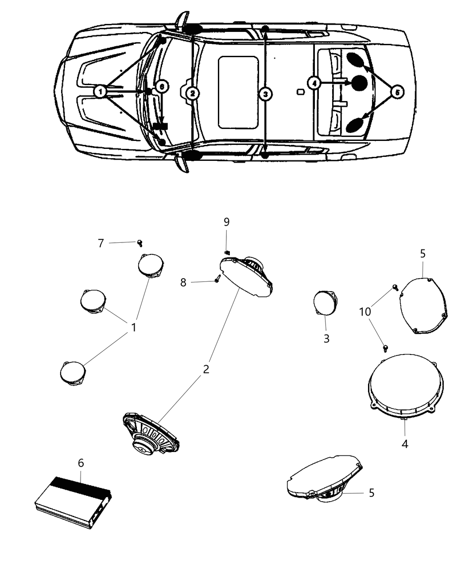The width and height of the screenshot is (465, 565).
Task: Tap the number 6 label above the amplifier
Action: coord(81,463)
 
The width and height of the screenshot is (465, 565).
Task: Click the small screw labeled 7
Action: coord(139,242)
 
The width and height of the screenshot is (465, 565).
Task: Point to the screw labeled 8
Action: coord(217,280)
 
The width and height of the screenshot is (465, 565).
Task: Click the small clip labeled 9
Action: coord(227,252)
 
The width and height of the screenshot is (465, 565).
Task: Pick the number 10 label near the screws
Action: coord(365,312)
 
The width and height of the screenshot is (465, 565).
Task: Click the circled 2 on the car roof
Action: coord(192,94)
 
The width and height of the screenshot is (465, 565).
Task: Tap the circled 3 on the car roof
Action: coord(265,94)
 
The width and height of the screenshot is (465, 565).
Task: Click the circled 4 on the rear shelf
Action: coord(314,83)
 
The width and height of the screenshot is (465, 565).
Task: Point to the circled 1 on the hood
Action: coord(101,92)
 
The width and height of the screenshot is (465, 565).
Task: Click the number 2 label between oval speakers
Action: coord(206,369)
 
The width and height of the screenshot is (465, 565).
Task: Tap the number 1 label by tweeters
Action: coord(133,327)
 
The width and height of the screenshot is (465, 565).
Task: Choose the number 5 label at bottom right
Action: coord(372,492)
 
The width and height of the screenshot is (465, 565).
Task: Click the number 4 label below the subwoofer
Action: coord(405,444)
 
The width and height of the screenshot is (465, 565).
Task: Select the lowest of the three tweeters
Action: coord(72,372)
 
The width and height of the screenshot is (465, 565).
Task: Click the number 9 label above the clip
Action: coord(226,222)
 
